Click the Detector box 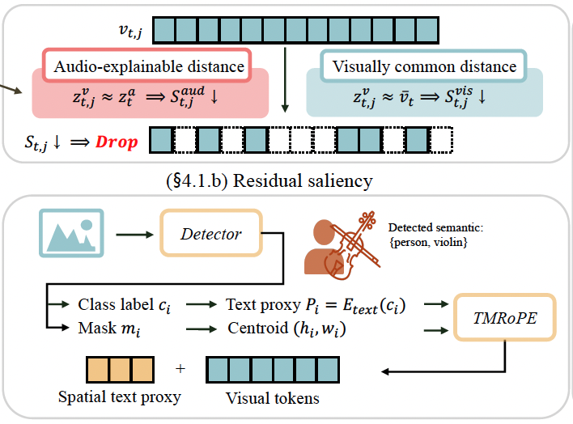pos(211,233)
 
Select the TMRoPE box pos(505,317)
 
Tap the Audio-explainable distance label pos(149,66)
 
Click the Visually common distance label pos(424,66)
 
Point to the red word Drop pos(117,142)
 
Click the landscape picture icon pos(71,233)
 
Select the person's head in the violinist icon pos(324,231)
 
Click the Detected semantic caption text pos(435,235)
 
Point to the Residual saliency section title pos(270,180)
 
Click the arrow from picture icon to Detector pos(134,235)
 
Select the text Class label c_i pos(124,305)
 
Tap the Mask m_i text pos(109,329)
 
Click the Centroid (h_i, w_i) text pos(286,329)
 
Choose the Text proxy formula pos(316,306)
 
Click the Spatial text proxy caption pos(120,397)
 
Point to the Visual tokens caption pos(273,398)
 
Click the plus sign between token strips pos(180,368)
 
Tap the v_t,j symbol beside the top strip pos(130,31)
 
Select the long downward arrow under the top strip pos(285,79)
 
